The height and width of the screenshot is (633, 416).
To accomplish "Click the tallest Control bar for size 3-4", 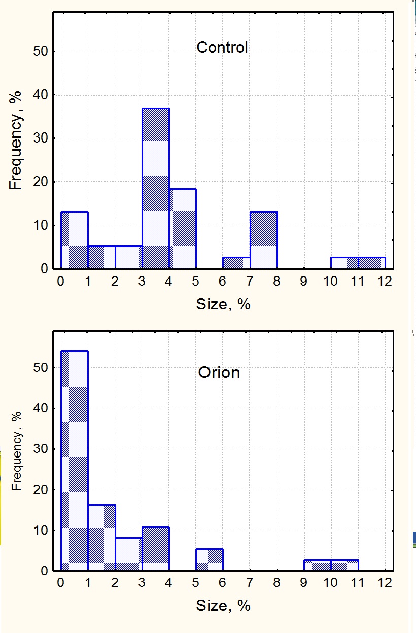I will [156, 188].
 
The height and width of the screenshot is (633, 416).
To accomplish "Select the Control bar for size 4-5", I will [183, 228].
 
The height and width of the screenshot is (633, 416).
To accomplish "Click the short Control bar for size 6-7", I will [236, 263].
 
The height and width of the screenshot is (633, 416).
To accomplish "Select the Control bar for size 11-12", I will [372, 263].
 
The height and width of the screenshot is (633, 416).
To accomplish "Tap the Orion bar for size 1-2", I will [101, 538].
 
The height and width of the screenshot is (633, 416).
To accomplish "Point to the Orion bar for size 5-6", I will [210, 560].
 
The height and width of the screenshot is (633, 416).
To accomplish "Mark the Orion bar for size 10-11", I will [345, 566].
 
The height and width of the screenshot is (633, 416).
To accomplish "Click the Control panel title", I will [222, 48].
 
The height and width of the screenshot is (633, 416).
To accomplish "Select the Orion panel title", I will [219, 373].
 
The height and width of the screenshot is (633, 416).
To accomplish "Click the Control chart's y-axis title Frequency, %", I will [16, 139].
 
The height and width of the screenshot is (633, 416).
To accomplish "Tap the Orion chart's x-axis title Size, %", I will [223, 606].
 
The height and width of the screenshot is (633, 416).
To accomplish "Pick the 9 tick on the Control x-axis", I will [304, 281].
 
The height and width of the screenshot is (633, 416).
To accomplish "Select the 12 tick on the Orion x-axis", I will [385, 583].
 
